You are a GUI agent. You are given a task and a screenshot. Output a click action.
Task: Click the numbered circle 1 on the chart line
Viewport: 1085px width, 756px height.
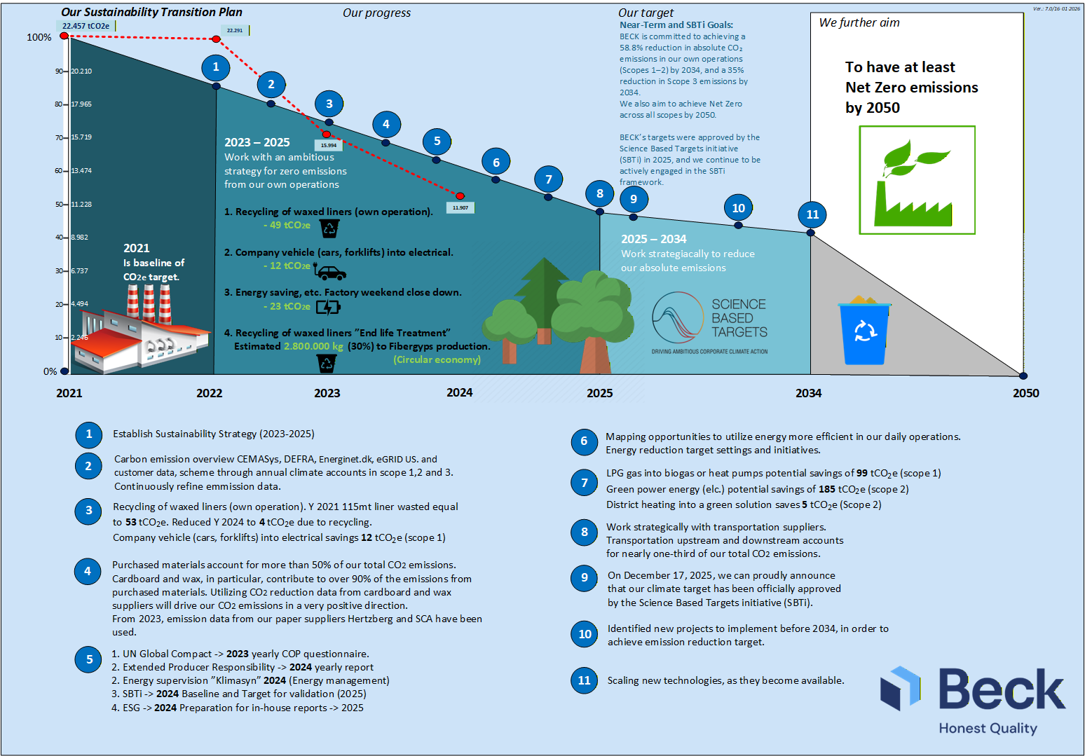(216, 67)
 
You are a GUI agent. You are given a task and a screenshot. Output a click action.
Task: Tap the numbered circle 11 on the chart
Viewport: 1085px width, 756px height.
(812, 214)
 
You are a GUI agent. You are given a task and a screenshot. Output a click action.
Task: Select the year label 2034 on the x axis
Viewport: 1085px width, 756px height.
(808, 393)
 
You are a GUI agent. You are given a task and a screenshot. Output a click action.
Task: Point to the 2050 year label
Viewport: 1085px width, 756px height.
(1025, 393)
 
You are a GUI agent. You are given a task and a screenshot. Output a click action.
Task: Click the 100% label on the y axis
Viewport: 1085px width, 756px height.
(39, 37)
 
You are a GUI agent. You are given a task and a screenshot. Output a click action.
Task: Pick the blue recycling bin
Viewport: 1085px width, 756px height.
(864, 331)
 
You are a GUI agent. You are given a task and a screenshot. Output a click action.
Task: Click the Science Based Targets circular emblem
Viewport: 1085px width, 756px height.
(677, 317)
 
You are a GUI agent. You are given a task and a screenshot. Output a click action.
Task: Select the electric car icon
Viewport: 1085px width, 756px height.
(330, 272)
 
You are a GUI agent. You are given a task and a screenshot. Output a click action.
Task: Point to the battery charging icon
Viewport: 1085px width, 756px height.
(327, 307)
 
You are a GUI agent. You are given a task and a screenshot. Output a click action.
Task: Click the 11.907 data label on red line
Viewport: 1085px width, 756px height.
(460, 208)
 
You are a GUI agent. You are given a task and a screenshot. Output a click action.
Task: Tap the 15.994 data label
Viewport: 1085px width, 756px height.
(328, 146)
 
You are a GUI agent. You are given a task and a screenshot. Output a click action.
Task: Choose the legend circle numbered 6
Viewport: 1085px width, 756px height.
(584, 441)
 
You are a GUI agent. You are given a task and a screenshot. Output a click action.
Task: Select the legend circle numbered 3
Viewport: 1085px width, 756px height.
(88, 511)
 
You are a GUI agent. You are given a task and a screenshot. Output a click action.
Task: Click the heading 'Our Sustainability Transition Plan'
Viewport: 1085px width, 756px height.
(151, 12)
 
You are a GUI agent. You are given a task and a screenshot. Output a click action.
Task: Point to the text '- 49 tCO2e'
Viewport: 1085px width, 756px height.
(287, 225)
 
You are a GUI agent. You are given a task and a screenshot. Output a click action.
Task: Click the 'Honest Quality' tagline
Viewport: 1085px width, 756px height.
(988, 728)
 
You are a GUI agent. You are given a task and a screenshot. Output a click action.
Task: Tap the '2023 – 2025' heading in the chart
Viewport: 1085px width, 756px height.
(257, 142)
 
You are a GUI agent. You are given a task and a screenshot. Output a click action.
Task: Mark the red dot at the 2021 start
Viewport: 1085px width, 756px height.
(64, 36)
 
